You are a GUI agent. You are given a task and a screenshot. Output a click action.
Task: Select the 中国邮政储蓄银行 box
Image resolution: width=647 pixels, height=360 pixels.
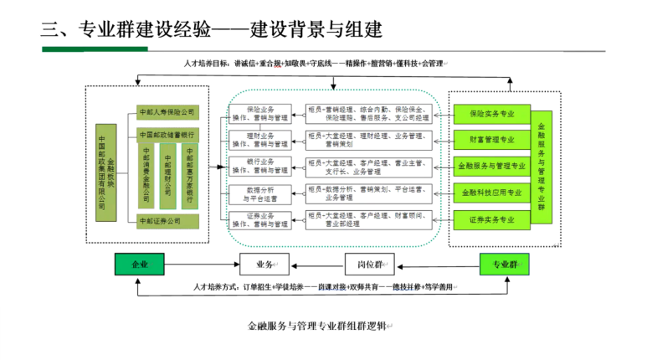pyautogui.click(x=167, y=135)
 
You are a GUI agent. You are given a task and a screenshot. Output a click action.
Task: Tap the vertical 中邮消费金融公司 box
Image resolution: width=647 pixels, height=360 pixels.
pyautogui.click(x=146, y=177)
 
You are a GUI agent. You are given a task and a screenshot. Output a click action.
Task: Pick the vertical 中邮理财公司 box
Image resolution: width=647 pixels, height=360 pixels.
pyautogui.click(x=167, y=177)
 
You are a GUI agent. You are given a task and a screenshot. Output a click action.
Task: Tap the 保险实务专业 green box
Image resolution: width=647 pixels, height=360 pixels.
pyautogui.click(x=492, y=113)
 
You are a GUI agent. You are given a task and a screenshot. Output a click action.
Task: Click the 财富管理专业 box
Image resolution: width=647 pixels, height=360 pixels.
pyautogui.click(x=492, y=139)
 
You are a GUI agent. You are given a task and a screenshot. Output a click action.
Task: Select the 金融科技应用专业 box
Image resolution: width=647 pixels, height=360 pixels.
pyautogui.click(x=492, y=193)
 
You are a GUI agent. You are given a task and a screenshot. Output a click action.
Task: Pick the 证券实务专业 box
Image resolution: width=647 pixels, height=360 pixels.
pyautogui.click(x=492, y=219)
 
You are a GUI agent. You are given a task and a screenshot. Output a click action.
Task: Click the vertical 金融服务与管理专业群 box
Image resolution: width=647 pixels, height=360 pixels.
pyautogui.click(x=542, y=166)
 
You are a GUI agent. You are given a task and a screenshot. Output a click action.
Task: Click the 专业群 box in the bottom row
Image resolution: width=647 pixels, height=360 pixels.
pyautogui.click(x=503, y=265)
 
